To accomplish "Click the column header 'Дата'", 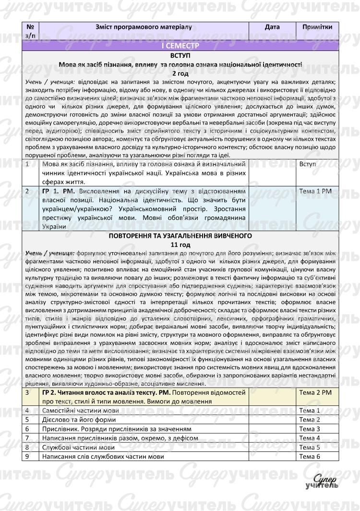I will [272, 27].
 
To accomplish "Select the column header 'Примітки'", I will [317, 27].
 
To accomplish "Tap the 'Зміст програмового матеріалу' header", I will [144, 27].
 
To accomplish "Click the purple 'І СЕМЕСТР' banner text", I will [180, 46].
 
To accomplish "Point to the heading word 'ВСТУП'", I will [180, 55].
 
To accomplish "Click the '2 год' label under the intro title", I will [180, 73].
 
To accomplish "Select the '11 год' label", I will [180, 244].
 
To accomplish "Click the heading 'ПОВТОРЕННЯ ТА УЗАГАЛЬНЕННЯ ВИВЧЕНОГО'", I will [180, 236].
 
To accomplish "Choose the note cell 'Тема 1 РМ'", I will [315, 191].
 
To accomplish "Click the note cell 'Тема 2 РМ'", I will [315, 393].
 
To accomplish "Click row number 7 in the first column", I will [27, 438].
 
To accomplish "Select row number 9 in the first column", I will [27, 456].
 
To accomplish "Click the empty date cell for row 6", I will [272, 429].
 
